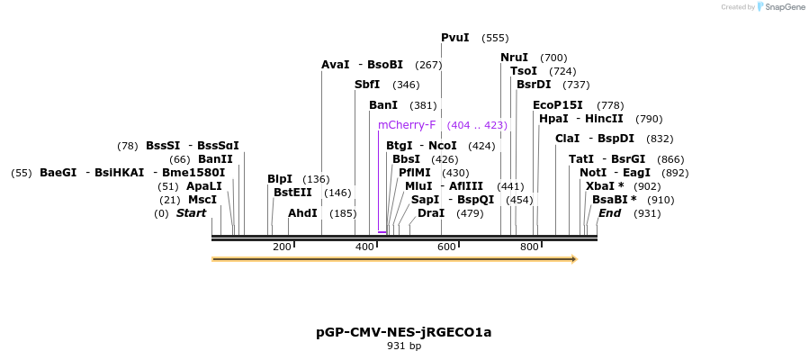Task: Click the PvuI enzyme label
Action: click(454, 38)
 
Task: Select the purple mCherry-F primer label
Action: click(407, 125)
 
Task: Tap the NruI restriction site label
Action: click(514, 58)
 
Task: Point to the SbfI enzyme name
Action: click(367, 85)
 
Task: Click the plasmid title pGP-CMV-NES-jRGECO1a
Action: click(404, 332)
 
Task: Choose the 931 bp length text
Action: click(404, 346)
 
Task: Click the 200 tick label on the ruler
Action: click(282, 247)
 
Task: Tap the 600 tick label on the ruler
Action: click(447, 247)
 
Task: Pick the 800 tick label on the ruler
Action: click(529, 247)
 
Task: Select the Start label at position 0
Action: click(191, 213)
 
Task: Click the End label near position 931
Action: click(609, 213)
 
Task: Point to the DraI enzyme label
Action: click(431, 213)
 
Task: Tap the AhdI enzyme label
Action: click(302, 213)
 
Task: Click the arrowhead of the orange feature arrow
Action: click(573, 259)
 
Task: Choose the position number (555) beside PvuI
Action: click(495, 38)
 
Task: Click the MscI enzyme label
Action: click(202, 200)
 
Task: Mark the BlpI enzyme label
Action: click(280, 179)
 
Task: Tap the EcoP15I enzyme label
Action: click(558, 105)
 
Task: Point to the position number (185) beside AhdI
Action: click(343, 213)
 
